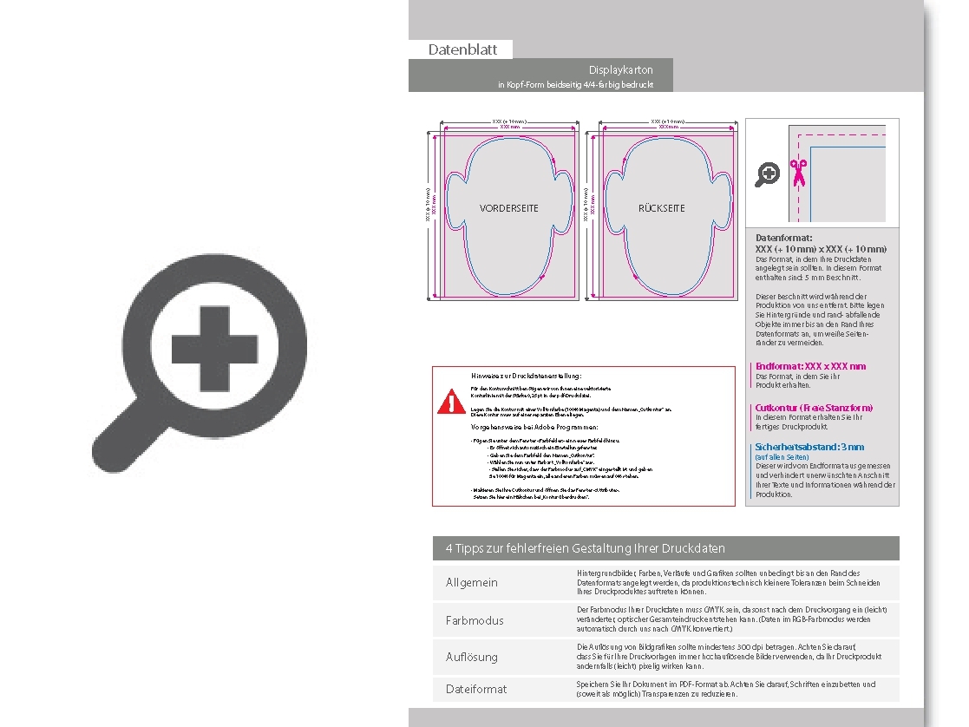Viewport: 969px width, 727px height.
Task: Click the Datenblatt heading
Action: pyautogui.click(x=462, y=49)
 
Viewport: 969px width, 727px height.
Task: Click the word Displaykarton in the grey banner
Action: pyautogui.click(x=620, y=69)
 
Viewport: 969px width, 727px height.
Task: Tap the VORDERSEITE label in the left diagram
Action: pyautogui.click(x=509, y=208)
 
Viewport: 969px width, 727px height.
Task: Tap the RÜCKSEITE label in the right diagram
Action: pyautogui.click(x=662, y=208)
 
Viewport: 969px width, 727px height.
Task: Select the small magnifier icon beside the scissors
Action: pyautogui.click(x=767, y=174)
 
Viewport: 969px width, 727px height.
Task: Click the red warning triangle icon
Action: pyautogui.click(x=451, y=403)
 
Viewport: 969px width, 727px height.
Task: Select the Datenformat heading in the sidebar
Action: pyautogui.click(x=784, y=237)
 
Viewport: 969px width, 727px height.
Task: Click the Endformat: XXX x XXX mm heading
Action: pyautogui.click(x=810, y=366)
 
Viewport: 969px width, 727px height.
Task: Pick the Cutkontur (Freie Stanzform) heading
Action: pyautogui.click(x=814, y=407)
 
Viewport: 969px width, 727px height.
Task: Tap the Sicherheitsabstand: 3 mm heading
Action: pyautogui.click(x=809, y=447)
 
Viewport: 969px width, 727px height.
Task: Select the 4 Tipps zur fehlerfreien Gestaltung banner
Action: pyautogui.click(x=585, y=548)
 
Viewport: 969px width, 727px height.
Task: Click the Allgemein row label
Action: pyautogui.click(x=472, y=582)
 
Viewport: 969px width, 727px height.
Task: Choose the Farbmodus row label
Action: pyautogui.click(x=475, y=620)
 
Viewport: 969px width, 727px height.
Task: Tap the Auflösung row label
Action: pyautogui.click(x=472, y=657)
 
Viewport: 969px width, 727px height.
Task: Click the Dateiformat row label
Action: pyautogui.click(x=476, y=689)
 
